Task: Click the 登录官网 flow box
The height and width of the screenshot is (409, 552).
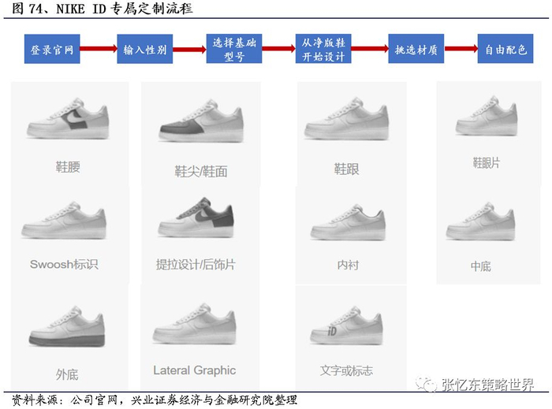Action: click(x=52, y=49)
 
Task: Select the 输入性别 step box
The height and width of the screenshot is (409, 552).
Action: click(x=144, y=49)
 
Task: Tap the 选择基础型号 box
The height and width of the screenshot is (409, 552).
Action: click(x=234, y=49)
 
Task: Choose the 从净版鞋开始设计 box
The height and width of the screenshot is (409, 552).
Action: click(x=324, y=49)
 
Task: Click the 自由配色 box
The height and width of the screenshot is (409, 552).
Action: click(x=505, y=49)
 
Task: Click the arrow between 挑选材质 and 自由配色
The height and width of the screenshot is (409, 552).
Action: click(x=461, y=49)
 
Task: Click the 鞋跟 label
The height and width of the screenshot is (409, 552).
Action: click(x=347, y=169)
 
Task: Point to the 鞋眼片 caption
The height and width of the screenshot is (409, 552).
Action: click(x=487, y=162)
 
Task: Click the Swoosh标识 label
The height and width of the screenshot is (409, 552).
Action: click(x=64, y=264)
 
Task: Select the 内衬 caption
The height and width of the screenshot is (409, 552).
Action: click(x=348, y=265)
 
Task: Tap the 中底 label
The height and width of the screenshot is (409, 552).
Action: click(x=481, y=266)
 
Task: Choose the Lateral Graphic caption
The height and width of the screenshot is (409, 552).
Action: click(x=194, y=370)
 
